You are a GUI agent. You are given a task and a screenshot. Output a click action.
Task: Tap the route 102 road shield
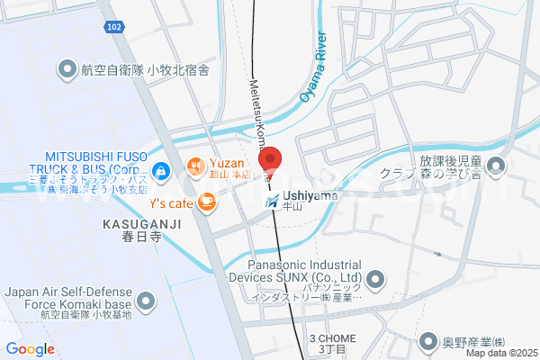tap(113, 28)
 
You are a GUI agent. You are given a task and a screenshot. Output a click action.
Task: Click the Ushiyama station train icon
tap(272, 202)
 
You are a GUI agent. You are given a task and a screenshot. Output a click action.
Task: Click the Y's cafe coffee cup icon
tap(207, 202)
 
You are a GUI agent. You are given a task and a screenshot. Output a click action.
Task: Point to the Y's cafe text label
tap(171, 202)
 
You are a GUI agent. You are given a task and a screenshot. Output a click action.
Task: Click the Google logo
tap(30, 349)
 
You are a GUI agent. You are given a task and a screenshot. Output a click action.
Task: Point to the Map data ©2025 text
tap(499, 352)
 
